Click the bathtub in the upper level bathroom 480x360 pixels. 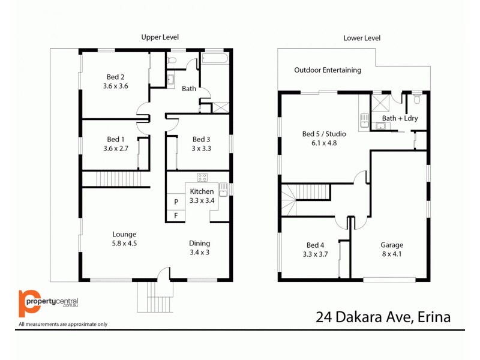pyautogui.click(x=215, y=59)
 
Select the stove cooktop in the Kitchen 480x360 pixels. pyautogui.click(x=202, y=177)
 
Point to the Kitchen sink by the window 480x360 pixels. pyautogui.click(x=223, y=191)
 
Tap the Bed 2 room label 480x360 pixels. pyautogui.click(x=116, y=77)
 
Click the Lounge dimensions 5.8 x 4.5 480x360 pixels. pyautogui.click(x=124, y=244)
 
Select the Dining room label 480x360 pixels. pyautogui.click(x=199, y=243)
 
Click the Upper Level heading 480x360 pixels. pyautogui.click(x=160, y=37)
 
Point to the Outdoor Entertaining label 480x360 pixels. pyautogui.click(x=328, y=70)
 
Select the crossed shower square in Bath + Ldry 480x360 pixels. pyautogui.click(x=380, y=101)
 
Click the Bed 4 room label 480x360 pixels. pyautogui.click(x=315, y=245)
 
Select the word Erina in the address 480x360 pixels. pyautogui.click(x=431, y=317)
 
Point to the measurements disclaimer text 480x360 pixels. pyautogui.click(x=63, y=324)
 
